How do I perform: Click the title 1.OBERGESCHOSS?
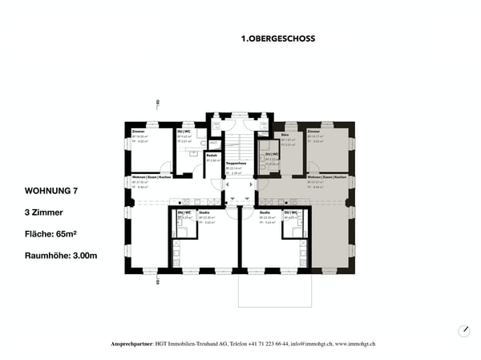277,38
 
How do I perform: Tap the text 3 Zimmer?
44,212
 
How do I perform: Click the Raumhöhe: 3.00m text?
61,256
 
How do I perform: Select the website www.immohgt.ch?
358,343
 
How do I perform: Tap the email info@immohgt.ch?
305,343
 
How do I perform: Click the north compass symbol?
464,331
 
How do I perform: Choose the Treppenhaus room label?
236,163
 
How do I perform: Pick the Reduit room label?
212,155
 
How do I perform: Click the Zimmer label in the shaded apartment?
313,131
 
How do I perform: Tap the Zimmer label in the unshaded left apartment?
139,131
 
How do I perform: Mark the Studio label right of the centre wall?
264,212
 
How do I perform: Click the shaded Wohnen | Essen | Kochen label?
326,177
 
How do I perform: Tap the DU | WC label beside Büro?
273,154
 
